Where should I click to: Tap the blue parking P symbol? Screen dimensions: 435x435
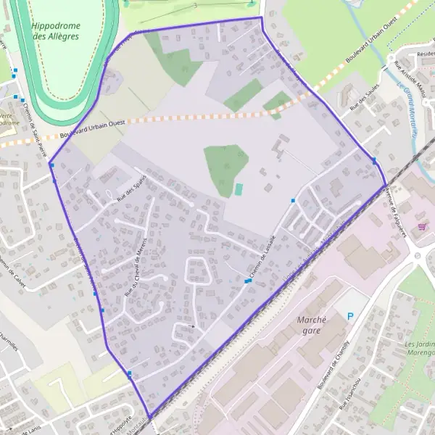point(351,316)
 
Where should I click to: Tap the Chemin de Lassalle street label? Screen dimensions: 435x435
point(265,257)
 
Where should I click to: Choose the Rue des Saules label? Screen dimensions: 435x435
point(365,97)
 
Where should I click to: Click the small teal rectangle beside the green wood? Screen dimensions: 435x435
point(239,188)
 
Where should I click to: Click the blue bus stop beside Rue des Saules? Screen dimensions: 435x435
point(374,160)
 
